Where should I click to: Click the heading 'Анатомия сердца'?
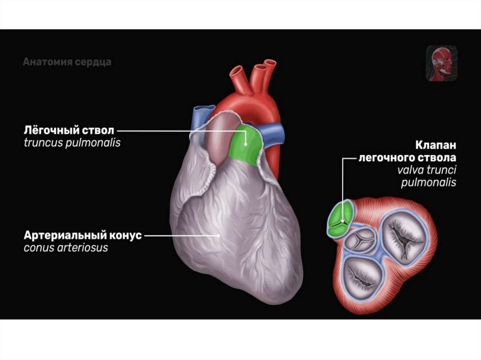pyautogui.click(x=67, y=62)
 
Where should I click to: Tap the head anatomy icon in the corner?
pyautogui.click(x=442, y=63)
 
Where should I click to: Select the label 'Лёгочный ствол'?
pyautogui.click(x=69, y=130)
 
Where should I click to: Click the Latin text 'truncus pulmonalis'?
pyautogui.click(x=72, y=143)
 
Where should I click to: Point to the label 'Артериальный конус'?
pyautogui.click(x=82, y=235)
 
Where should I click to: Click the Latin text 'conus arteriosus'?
pyautogui.click(x=66, y=247)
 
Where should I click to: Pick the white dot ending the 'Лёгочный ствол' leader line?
pyautogui.click(x=246, y=131)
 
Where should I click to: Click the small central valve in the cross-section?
pyautogui.click(x=361, y=239)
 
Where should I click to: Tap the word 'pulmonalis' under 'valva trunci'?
pyautogui.click(x=428, y=183)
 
